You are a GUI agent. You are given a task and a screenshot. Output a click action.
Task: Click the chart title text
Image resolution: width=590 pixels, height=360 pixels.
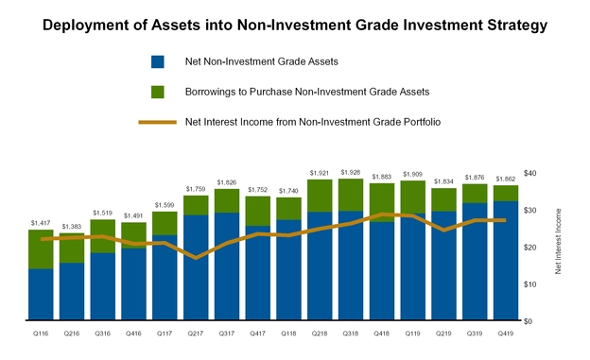[295, 26]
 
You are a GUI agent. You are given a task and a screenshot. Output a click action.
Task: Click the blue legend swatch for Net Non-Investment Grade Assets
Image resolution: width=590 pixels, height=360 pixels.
[158, 62]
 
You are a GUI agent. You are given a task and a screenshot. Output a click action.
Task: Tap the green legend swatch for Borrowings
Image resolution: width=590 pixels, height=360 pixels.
[158, 92]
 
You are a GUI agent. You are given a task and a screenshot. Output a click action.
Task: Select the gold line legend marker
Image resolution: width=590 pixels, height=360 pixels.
[158, 122]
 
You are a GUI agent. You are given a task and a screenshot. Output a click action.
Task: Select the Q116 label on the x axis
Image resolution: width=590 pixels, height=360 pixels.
[40, 334]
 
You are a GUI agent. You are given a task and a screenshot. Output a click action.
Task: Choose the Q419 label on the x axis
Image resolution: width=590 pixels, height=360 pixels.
[506, 334]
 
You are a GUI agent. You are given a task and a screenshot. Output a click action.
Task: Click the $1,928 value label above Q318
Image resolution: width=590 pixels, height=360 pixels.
[351, 171]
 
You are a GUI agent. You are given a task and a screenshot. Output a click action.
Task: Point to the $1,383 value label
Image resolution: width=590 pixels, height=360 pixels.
[72, 226]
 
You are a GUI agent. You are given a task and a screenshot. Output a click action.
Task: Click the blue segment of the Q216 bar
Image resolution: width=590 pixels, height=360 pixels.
[72, 292]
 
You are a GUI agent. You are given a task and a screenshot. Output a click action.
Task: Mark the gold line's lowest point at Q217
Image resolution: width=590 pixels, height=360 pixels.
[196, 257]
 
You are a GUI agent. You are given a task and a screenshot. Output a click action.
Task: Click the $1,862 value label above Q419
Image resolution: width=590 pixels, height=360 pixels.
[506, 178]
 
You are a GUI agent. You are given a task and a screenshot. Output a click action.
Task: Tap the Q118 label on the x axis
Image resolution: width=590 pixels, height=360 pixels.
[288, 334]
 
